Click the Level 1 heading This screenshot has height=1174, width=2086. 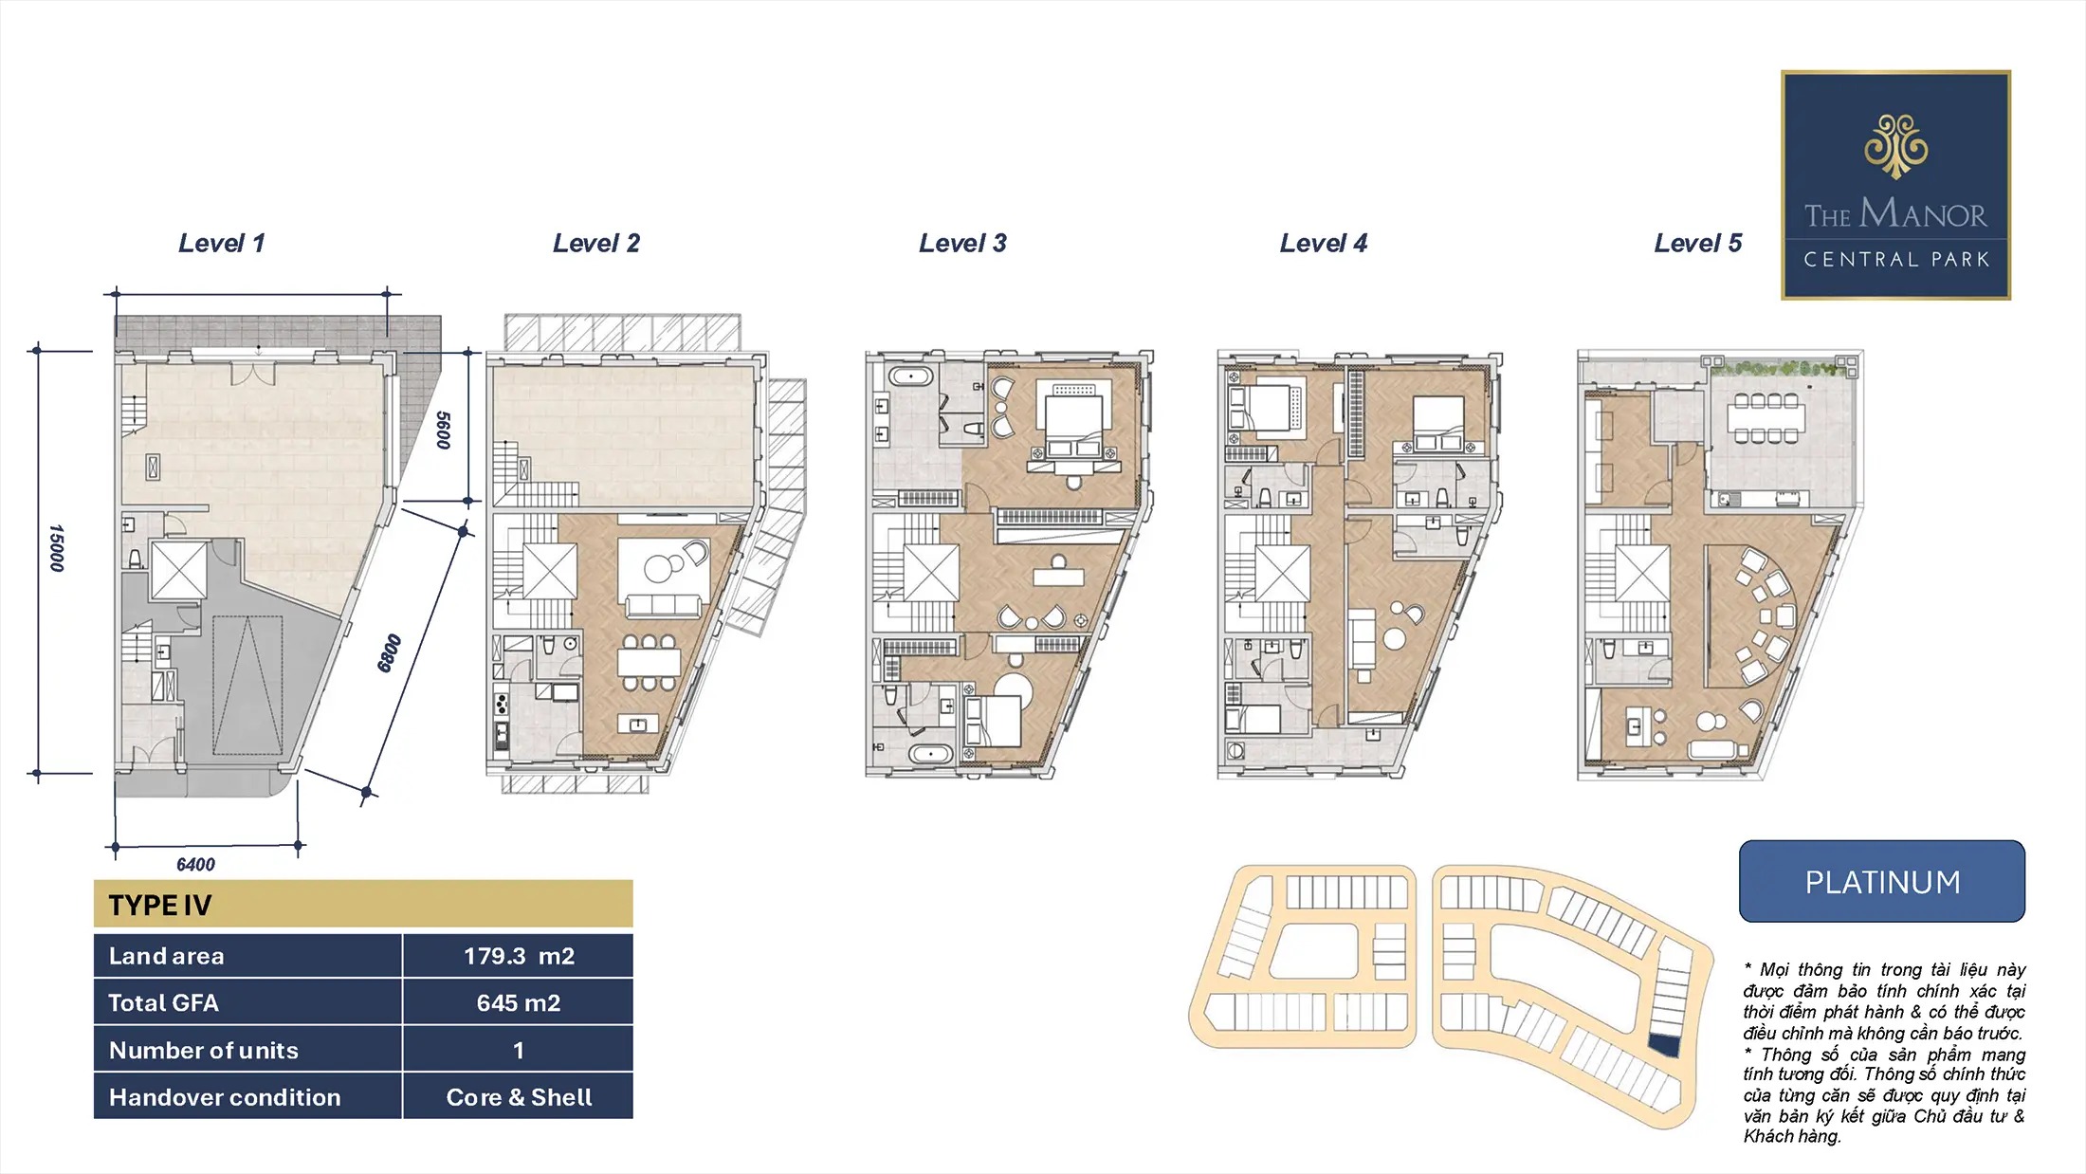(222, 244)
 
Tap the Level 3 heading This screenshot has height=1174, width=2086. (962, 244)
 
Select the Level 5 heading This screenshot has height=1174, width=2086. (1698, 244)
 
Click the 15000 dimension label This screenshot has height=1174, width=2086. (57, 548)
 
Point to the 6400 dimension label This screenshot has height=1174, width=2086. (196, 864)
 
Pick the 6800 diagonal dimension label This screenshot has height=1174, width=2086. (389, 653)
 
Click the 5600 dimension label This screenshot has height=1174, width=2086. (443, 430)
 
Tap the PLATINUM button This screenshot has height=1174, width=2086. (1882, 881)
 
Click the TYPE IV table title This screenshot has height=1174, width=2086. (160, 906)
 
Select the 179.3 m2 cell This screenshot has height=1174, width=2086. (519, 956)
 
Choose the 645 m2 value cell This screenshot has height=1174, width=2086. (519, 1002)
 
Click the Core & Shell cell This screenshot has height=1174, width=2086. (519, 1097)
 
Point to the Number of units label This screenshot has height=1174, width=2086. (204, 1050)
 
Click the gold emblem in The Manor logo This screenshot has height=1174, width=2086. (1896, 147)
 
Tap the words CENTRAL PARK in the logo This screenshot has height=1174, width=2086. (1896, 259)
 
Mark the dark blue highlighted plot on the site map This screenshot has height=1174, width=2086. (1665, 1045)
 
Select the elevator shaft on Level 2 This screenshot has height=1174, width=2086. (550, 572)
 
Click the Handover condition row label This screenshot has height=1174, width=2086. (225, 1097)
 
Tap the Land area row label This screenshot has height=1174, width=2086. (167, 956)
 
